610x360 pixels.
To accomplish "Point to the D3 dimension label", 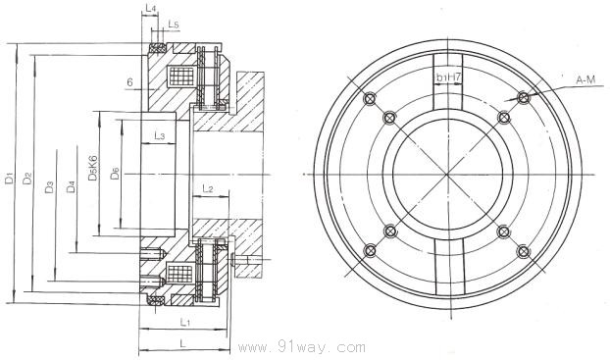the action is (49, 187).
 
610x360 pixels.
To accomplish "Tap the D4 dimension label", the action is (71, 186).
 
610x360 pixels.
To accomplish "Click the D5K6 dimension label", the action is (92, 168).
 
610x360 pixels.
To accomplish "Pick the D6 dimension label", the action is (115, 173).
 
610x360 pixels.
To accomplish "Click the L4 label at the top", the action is (151, 8).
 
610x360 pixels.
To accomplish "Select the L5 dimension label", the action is (174, 25).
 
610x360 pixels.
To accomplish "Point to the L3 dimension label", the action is (160, 135).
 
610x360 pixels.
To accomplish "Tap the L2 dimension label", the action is (208, 189).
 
